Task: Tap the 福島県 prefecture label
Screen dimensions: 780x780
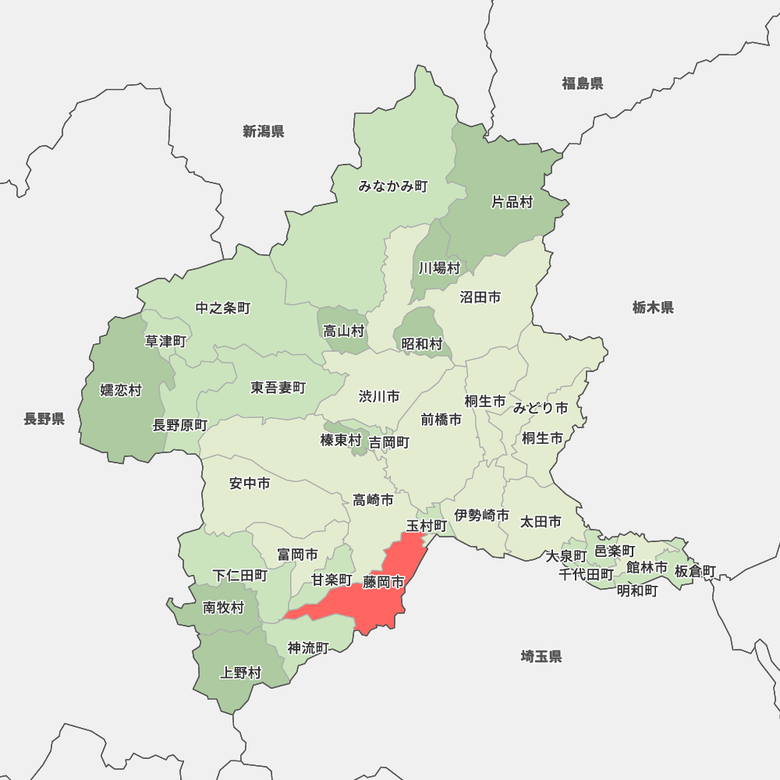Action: click(x=583, y=83)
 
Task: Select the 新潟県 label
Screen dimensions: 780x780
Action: click(x=263, y=131)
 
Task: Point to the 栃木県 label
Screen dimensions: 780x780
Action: click(x=653, y=307)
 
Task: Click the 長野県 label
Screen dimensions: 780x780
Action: click(x=44, y=420)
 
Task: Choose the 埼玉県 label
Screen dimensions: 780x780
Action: click(x=541, y=657)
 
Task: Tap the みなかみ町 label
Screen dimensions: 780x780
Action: click(x=393, y=186)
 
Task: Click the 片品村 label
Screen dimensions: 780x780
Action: click(x=512, y=203)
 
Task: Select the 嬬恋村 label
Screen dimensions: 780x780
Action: click(x=121, y=390)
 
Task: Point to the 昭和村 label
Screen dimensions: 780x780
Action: click(x=422, y=344)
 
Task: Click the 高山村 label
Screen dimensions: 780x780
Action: click(x=344, y=331)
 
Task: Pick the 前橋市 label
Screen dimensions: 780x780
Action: click(x=441, y=420)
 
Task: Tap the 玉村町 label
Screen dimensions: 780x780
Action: click(x=427, y=526)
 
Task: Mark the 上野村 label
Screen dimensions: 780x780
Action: click(x=241, y=672)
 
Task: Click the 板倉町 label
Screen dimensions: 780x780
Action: click(x=694, y=571)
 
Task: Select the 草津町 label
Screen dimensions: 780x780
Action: click(x=165, y=342)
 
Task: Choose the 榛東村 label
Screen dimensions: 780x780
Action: click(x=341, y=441)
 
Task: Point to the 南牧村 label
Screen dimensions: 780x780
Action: click(x=223, y=608)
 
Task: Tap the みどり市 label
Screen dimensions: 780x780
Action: click(x=541, y=408)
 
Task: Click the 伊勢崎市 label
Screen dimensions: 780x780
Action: click(x=482, y=516)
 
